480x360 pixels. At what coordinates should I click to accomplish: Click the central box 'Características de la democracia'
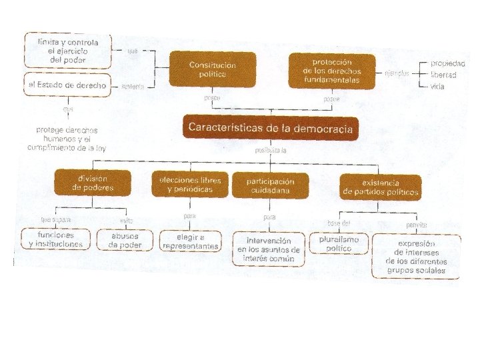click(x=270, y=127)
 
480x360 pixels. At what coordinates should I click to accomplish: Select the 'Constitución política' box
click(x=212, y=69)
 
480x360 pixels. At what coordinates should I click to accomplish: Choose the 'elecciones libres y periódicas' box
click(x=190, y=185)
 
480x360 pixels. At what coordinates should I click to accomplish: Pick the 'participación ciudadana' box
click(x=270, y=185)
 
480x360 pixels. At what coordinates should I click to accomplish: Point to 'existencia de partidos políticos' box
click(x=381, y=187)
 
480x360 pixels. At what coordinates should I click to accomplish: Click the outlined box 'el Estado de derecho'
click(x=67, y=85)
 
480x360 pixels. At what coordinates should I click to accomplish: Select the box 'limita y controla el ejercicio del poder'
click(x=68, y=51)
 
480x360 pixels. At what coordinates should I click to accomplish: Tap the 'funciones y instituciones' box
click(x=56, y=239)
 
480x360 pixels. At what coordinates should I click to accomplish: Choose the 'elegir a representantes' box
click(x=190, y=241)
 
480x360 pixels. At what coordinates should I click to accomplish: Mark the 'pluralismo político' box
click(x=339, y=243)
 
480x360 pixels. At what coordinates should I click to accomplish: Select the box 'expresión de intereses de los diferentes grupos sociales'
click(x=416, y=257)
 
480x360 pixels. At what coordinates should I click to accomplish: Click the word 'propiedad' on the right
click(x=447, y=63)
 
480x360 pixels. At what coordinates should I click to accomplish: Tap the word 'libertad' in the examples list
click(x=443, y=75)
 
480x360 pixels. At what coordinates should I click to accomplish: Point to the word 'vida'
click(x=437, y=87)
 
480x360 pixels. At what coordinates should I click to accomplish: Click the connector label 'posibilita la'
click(x=271, y=150)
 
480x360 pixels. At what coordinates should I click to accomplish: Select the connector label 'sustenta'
click(x=133, y=86)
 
